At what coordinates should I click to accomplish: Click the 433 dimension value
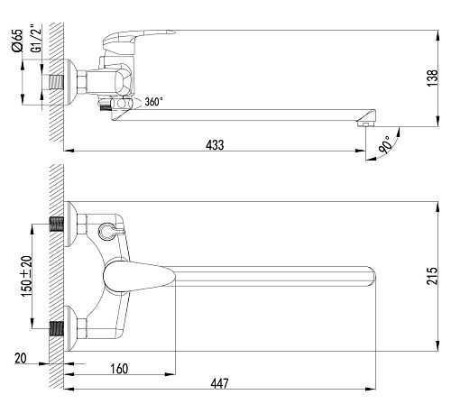215,145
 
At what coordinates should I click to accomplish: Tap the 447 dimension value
219,383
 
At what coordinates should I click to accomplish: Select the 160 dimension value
119,369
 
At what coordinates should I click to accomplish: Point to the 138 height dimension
432,78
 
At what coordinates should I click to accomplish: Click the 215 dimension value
432,276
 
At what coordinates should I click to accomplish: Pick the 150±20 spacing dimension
26,276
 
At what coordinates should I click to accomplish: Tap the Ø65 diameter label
17,41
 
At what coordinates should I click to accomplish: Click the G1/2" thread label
36,38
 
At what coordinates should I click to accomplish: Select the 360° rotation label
153,102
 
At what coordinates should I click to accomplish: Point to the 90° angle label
386,144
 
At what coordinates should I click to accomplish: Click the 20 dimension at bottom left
21,358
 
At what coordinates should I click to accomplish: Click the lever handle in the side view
133,38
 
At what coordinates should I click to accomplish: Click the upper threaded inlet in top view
57,225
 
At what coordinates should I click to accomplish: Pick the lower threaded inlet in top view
57,328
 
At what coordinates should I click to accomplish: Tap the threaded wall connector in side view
57,82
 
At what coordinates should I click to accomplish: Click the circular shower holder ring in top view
106,232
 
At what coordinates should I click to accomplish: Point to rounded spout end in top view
373,276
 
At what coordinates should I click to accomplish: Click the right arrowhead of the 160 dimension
170,374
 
